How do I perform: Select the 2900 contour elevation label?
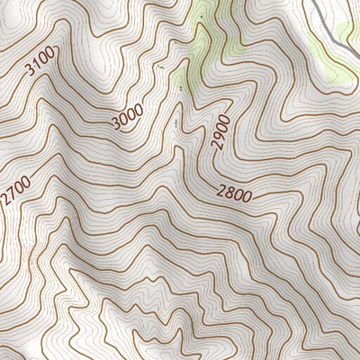[222, 132]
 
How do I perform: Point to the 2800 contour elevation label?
[234, 193]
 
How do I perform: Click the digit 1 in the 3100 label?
[38, 66]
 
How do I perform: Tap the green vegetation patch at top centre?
[205, 36]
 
